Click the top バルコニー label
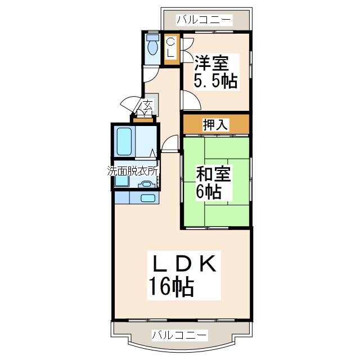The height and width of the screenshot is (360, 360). tap(204, 20)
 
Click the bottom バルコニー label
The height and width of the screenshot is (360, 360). tap(179, 336)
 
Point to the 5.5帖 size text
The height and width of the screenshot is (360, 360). tap(215, 81)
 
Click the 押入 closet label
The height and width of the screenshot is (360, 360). tap(215, 125)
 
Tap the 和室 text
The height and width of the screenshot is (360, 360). tap(214, 174)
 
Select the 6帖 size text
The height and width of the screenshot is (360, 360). tap(208, 192)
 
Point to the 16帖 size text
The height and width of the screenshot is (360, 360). tap(171, 288)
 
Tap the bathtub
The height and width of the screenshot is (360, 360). tap(124, 142)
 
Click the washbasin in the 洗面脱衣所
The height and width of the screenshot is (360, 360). tap(147, 184)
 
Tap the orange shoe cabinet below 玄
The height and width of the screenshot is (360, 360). tap(143, 118)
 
